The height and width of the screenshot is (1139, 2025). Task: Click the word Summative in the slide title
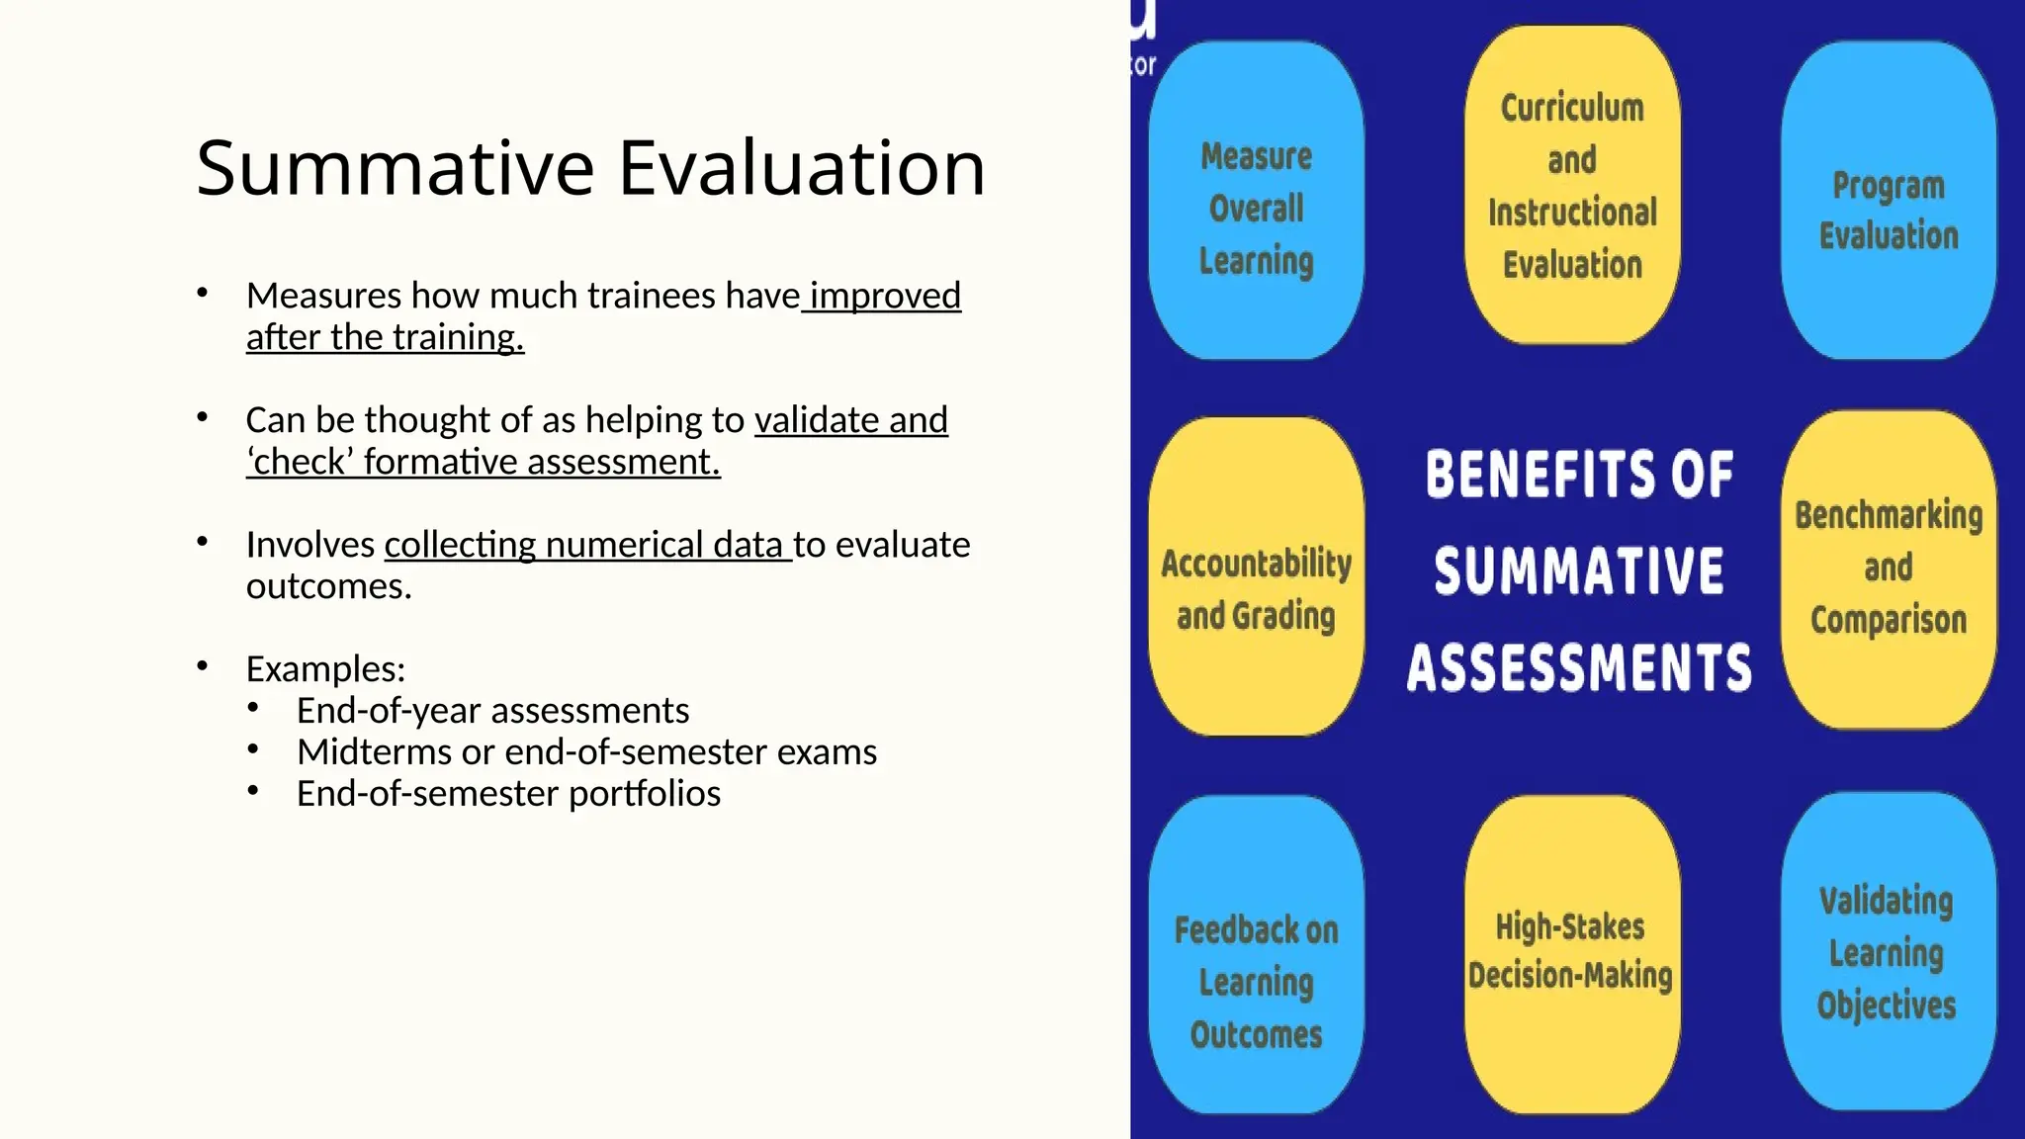(396, 168)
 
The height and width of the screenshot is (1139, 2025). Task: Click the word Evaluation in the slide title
(802, 168)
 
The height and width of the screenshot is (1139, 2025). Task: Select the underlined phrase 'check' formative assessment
(484, 462)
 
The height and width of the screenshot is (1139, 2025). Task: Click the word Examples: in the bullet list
(325, 669)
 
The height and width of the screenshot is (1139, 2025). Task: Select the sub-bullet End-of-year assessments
(492, 711)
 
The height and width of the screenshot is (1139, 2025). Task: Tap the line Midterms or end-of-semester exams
(586, 752)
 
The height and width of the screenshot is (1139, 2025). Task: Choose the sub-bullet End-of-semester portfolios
(508, 794)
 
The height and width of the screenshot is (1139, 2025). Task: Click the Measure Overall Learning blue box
(1256, 208)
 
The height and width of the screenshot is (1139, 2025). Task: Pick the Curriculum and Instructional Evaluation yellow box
(1572, 186)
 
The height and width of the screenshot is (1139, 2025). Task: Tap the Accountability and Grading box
(1256, 588)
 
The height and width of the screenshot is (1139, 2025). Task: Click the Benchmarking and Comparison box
(1889, 568)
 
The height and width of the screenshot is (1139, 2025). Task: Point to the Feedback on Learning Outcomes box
(1256, 981)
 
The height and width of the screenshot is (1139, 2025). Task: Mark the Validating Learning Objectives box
(1887, 951)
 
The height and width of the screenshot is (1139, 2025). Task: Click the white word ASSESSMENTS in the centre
(1579, 667)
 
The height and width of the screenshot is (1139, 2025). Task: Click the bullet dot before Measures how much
(203, 293)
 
